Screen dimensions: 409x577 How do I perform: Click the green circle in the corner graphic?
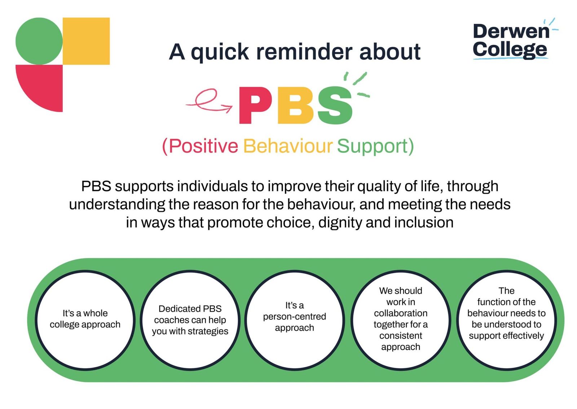[39, 41]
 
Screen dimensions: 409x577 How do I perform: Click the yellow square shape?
[86, 41]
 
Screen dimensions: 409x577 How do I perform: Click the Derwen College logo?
[511, 40]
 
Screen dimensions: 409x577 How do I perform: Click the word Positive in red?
[203, 146]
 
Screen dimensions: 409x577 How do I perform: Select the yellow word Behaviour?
[287, 146]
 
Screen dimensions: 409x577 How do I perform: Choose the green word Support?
[372, 146]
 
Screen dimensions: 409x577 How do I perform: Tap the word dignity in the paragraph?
[340, 223]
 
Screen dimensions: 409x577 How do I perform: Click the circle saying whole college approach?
[85, 320]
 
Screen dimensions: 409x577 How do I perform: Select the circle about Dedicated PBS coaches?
[190, 320]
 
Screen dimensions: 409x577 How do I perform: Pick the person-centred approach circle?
[295, 320]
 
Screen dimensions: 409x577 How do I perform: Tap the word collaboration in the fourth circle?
[400, 313]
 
